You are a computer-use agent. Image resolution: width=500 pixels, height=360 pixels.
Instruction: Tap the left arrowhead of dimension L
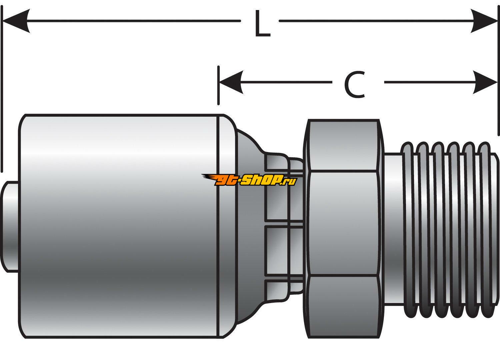click(16, 21)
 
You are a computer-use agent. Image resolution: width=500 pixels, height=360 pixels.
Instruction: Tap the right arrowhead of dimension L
click(484, 21)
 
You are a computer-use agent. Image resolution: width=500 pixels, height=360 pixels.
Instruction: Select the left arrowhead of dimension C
click(231, 82)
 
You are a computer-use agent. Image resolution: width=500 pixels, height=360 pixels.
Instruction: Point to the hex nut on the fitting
click(344, 225)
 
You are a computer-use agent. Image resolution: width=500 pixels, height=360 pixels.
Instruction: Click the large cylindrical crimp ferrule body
click(127, 225)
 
